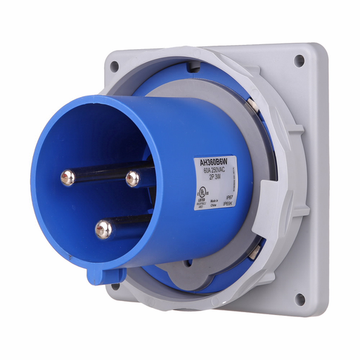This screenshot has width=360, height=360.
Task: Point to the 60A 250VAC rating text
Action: tap(213, 171)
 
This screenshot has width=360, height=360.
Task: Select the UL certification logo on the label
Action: tap(201, 190)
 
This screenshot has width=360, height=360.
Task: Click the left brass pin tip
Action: tap(67, 177)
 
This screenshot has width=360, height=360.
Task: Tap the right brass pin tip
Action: tap(132, 179)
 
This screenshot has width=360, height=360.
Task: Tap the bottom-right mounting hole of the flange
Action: tap(300, 298)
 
